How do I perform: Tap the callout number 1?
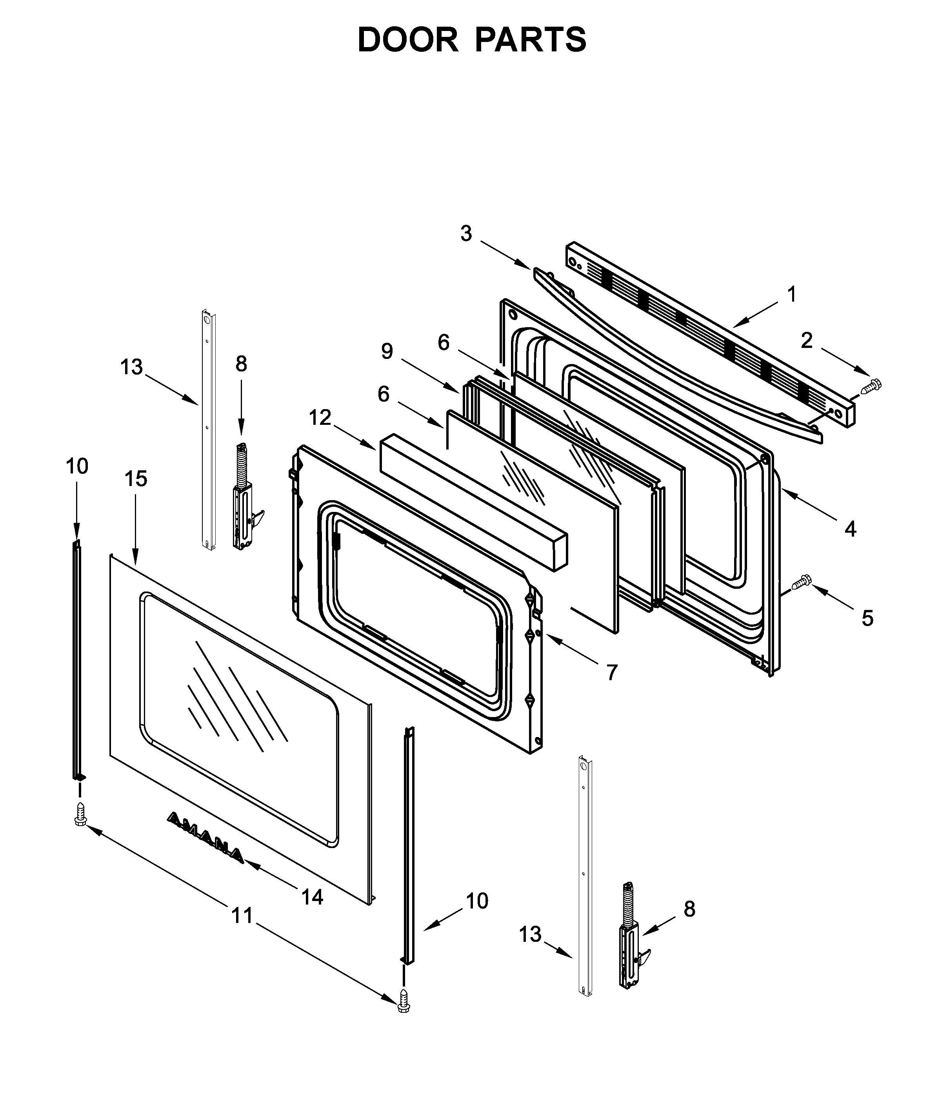[x=792, y=295]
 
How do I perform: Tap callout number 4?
[x=851, y=529]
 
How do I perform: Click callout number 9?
[x=387, y=351]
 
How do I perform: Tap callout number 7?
[x=612, y=673]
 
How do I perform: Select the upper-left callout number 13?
[x=131, y=367]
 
